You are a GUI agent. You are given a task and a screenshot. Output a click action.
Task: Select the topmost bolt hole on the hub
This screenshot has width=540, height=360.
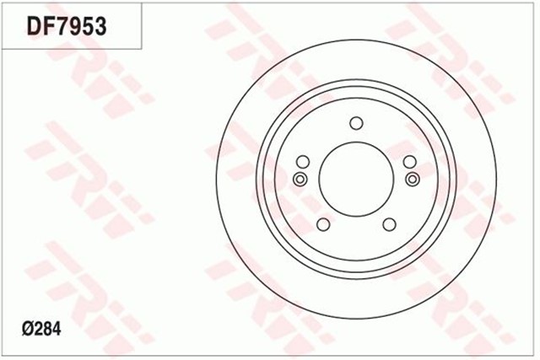pos(355,124)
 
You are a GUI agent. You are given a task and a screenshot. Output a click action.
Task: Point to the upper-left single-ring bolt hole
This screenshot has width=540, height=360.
pos(302,162)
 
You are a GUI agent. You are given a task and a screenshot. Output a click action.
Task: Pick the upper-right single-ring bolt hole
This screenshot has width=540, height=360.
pos(409,162)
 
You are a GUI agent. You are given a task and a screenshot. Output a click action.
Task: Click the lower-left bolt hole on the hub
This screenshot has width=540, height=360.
pos(322,224)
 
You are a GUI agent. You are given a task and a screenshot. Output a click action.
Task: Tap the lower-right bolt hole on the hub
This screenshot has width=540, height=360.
pos(389,224)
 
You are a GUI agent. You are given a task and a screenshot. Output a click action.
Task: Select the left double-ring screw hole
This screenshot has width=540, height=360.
pos(300,179)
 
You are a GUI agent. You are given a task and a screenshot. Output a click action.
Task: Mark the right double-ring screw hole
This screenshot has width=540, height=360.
pos(412,179)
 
